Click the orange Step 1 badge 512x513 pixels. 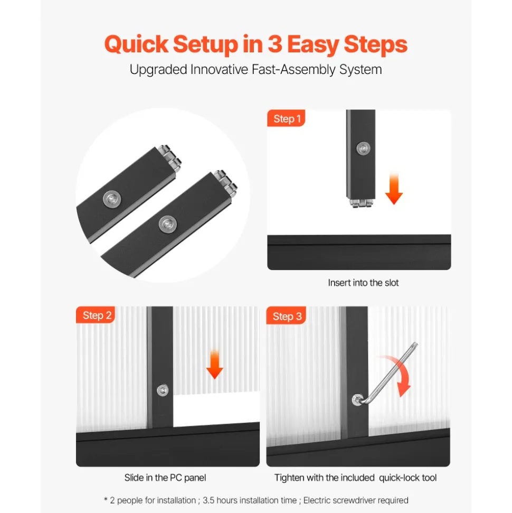[x=286, y=118]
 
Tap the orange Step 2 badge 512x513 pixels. [x=96, y=315]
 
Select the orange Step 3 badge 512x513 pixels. [x=286, y=315]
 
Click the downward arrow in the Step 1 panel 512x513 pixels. [x=394, y=189]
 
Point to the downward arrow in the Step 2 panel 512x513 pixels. [x=215, y=364]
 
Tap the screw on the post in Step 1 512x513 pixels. [x=363, y=148]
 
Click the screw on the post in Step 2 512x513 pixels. [x=163, y=390]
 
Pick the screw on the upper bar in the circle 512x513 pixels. [x=112, y=199]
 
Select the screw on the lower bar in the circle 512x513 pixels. [x=168, y=225]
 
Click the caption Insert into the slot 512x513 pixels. [x=363, y=283]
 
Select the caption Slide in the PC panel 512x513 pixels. [x=165, y=478]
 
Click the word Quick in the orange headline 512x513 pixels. [x=136, y=44]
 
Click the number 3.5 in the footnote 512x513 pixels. [x=208, y=500]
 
